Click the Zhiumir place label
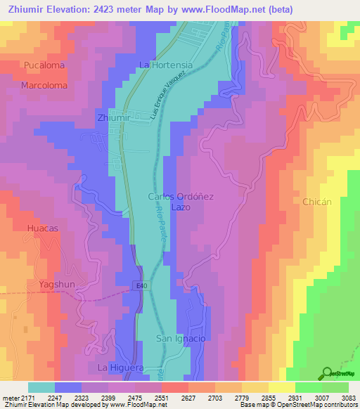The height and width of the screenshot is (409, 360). tap(114, 118)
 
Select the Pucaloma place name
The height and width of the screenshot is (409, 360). tap(44, 65)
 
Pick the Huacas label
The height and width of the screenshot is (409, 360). tap(44, 228)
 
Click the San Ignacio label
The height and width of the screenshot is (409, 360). tap(180, 339)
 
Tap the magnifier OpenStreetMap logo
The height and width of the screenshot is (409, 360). tap(328, 373)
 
